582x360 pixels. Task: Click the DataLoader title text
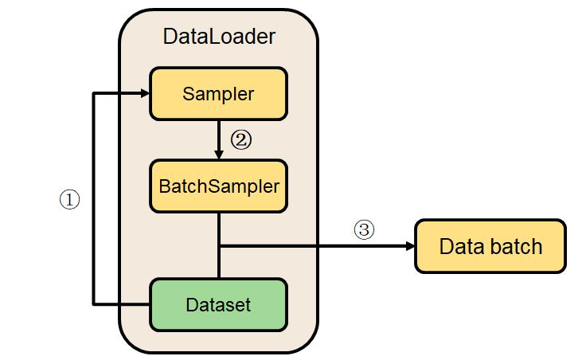pos(219,36)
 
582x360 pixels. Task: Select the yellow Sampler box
pos(218,94)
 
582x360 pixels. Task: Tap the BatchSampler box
pos(219,186)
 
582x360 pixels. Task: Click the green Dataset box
pos(218,304)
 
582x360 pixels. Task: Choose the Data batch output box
pos(490,246)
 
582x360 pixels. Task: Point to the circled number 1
pos(70,200)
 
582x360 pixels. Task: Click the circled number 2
pos(241,139)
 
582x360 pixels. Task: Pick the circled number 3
pos(363,230)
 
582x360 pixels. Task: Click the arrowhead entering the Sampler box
pos(146,94)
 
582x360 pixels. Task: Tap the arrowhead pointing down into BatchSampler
pos(219,154)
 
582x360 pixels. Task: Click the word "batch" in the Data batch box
pos(516,246)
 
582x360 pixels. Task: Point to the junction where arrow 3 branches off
pos(219,246)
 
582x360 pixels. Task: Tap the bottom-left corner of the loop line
pos(94,304)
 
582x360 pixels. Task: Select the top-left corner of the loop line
pos(94,94)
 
